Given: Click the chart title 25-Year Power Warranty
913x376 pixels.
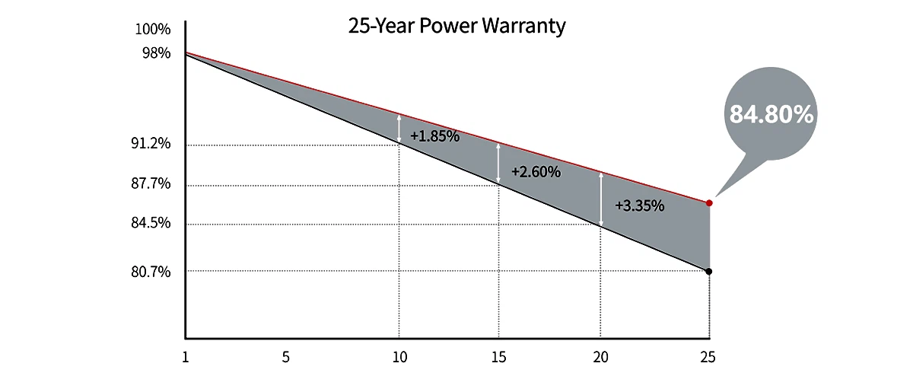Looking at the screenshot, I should (x=456, y=27).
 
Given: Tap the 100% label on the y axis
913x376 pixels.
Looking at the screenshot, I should (x=153, y=30).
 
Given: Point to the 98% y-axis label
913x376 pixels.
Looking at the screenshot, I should (x=157, y=53).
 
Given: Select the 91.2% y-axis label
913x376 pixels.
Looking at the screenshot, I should (x=151, y=145).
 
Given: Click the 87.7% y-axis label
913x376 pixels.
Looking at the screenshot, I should (x=151, y=185).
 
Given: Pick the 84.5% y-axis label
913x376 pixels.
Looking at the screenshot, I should (x=151, y=224).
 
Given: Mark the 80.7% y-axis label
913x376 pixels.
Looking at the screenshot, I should (x=151, y=272).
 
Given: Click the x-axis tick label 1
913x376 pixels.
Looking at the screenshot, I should (x=186, y=356).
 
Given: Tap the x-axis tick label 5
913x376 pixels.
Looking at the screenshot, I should (x=286, y=356).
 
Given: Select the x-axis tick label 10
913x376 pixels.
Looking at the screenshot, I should (x=399, y=356).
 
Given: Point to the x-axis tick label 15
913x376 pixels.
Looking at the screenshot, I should (x=498, y=356).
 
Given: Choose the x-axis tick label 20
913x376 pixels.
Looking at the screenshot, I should (x=600, y=356).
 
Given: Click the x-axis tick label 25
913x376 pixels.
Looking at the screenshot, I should (x=708, y=356).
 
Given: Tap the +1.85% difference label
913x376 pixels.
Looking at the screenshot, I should (x=434, y=137).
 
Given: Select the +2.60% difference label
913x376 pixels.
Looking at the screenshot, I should (x=536, y=172).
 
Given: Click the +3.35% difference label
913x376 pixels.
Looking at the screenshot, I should (x=640, y=206).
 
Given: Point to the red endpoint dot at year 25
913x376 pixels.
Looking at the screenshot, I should (x=709, y=203).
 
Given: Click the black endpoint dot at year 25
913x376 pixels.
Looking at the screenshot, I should (x=709, y=271).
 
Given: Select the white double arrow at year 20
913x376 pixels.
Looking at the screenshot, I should (x=601, y=199).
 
